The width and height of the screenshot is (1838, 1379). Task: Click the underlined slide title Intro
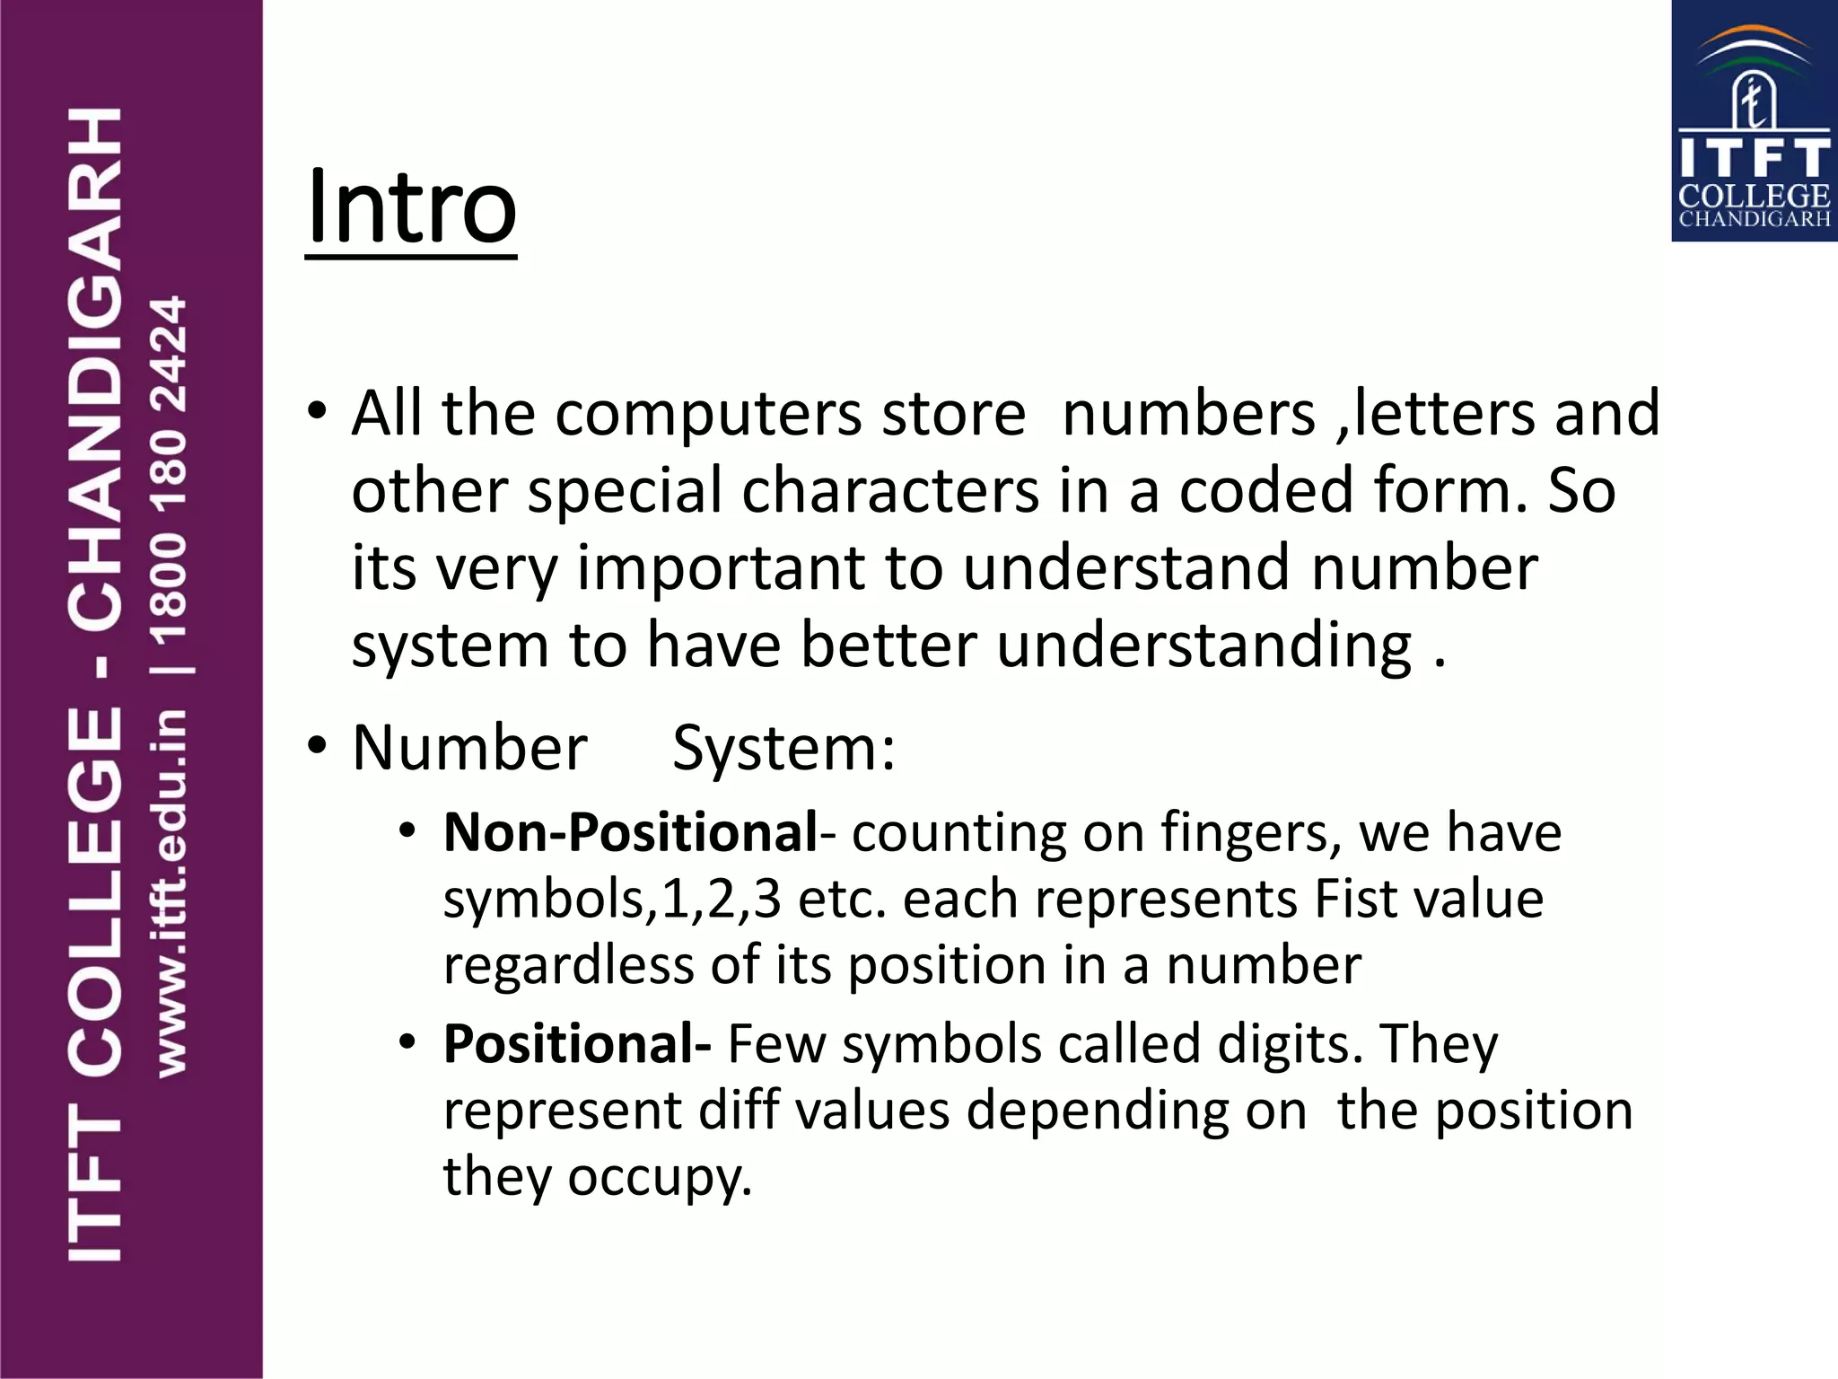(x=411, y=208)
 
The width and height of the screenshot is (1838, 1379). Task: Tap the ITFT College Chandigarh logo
(x=1754, y=121)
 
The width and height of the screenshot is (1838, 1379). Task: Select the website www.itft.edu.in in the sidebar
(x=171, y=892)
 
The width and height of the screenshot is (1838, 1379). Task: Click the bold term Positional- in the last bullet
(x=577, y=1044)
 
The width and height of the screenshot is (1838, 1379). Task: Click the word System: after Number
(x=783, y=748)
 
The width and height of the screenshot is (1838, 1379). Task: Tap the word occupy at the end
(x=659, y=1177)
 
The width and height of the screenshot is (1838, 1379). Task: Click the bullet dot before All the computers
(x=316, y=412)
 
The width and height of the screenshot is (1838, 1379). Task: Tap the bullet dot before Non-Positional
(x=408, y=831)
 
